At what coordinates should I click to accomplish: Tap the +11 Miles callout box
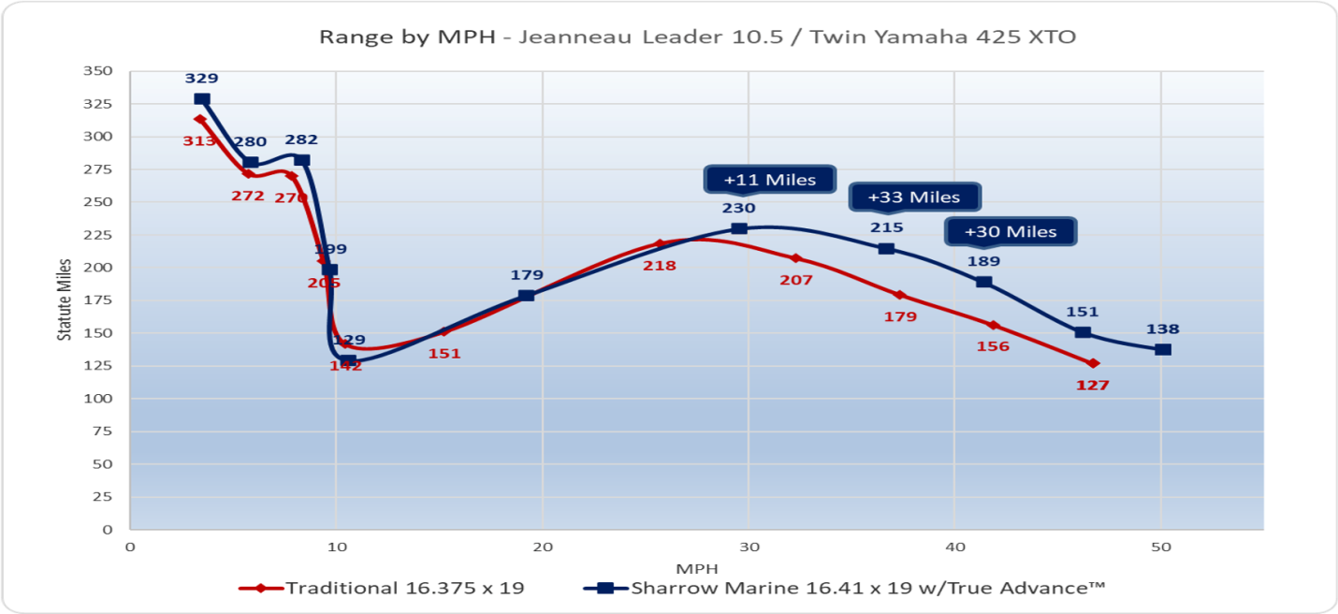click(769, 180)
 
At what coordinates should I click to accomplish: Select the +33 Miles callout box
click(914, 197)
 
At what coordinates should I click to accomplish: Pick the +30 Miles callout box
click(1011, 231)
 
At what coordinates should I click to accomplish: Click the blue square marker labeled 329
click(202, 99)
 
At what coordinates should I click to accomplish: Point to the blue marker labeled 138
click(1162, 349)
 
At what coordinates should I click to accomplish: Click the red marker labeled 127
click(1093, 363)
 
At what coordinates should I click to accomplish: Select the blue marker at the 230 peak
click(739, 228)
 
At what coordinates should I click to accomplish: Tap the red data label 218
click(659, 266)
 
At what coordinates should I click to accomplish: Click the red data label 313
click(199, 141)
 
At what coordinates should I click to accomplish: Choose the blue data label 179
click(527, 275)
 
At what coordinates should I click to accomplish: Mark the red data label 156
click(993, 346)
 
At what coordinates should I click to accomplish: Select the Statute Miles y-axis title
click(65, 300)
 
